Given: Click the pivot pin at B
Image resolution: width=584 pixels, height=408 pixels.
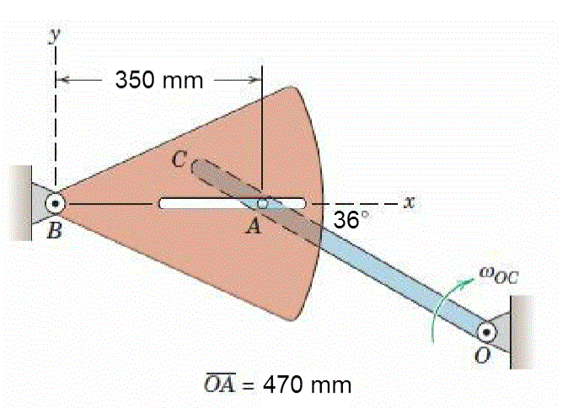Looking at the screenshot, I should (x=56, y=203).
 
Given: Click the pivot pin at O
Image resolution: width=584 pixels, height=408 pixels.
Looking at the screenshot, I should (x=490, y=332).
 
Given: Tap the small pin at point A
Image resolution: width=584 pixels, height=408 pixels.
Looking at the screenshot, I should (x=263, y=203).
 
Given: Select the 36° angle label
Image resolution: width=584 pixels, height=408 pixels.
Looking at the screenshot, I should (x=349, y=221).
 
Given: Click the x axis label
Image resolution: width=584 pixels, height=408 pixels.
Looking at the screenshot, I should (x=410, y=202).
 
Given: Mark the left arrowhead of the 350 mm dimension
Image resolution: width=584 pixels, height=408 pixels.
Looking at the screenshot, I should (x=62, y=80).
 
